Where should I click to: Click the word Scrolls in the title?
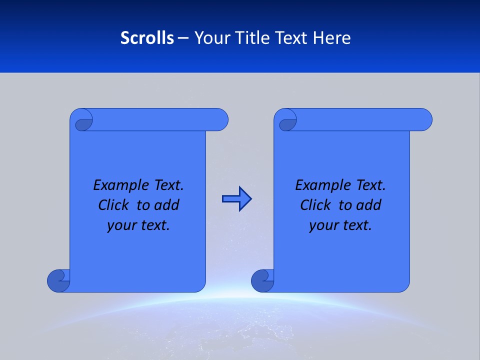pyautogui.click(x=147, y=38)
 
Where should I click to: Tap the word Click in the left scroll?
pyautogui.click(x=109, y=205)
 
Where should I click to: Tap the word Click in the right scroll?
pyautogui.click(x=311, y=205)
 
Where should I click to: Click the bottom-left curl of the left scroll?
pyautogui.click(x=58, y=280)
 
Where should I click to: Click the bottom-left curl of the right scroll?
pyautogui.click(x=262, y=280)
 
